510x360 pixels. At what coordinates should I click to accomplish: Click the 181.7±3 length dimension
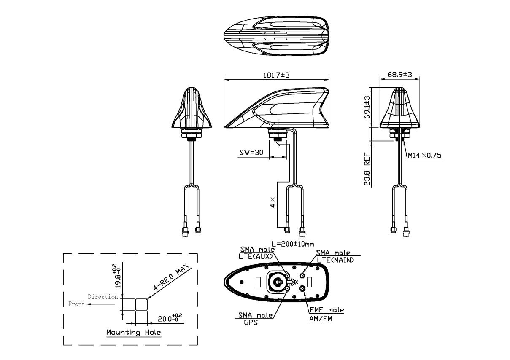276,75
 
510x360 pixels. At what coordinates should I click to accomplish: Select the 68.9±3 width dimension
399,75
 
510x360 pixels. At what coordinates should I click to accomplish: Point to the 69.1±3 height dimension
367,107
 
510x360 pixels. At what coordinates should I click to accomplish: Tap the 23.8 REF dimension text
367,169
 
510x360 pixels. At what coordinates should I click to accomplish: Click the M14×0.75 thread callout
424,156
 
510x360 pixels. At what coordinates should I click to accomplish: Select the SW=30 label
251,153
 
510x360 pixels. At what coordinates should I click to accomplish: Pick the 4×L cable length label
273,200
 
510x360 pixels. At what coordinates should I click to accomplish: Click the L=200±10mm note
293,244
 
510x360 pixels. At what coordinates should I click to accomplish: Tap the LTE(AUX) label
256,256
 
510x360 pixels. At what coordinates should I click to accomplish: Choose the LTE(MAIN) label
335,260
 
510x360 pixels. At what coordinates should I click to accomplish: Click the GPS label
251,322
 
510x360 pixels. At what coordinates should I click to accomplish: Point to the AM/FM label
321,319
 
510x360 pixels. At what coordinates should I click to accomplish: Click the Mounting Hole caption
134,333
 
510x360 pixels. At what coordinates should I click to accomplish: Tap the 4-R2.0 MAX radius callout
171,277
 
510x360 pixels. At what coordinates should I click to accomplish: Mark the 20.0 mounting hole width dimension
170,318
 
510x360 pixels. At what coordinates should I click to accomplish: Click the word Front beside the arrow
76,304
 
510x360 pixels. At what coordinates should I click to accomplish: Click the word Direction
103,297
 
